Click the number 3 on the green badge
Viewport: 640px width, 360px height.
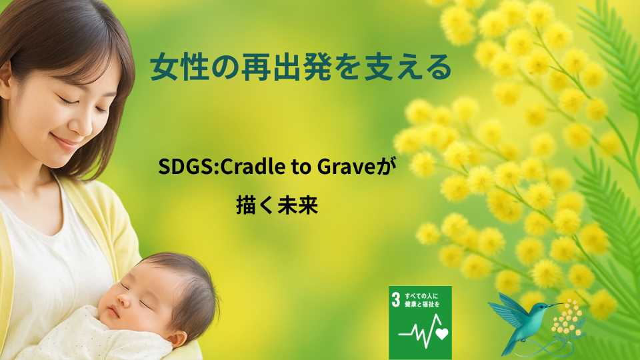tap(395, 299)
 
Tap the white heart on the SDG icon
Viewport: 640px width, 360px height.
tap(441, 333)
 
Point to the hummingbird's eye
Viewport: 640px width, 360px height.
tap(543, 306)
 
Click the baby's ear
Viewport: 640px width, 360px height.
tap(179, 338)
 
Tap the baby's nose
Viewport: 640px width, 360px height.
tap(121, 301)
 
